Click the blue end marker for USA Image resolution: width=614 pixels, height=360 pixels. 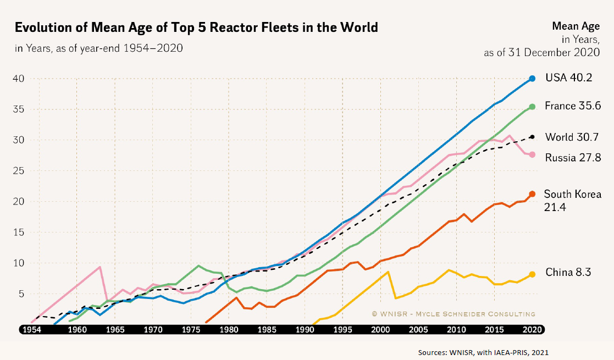pos(532,79)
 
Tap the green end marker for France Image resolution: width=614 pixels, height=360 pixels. pos(532,107)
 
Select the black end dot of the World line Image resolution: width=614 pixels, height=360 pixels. pos(532,137)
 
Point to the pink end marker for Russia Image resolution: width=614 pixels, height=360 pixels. pos(532,155)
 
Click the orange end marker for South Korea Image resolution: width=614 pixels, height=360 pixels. pos(532,194)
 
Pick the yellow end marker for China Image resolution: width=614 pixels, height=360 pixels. pos(532,274)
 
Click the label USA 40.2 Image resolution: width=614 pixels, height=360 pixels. pos(568,78)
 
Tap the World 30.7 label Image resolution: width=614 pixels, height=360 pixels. pos(572,137)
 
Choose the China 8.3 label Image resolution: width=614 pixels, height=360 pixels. pos(568,272)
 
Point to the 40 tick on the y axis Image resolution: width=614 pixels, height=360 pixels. pos(19,79)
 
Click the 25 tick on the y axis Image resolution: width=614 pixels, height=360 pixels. pos(19,171)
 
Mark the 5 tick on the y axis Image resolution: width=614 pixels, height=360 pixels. pos(22,294)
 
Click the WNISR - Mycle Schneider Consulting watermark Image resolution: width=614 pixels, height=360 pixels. pos(453,314)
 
